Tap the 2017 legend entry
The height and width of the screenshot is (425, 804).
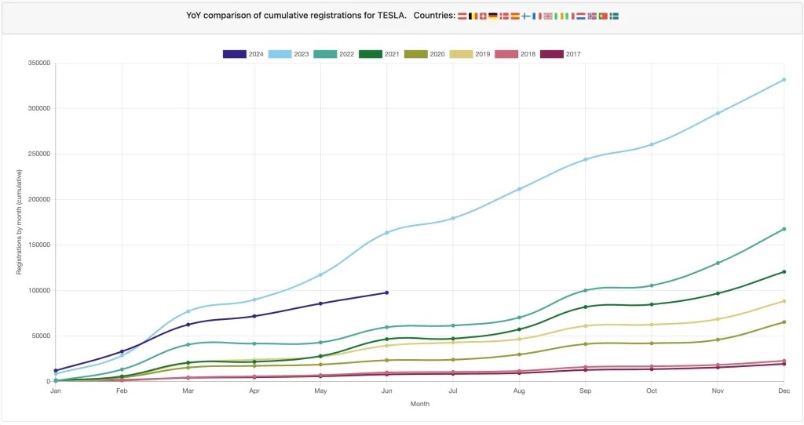[561, 54]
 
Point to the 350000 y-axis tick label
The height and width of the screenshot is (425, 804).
[38, 64]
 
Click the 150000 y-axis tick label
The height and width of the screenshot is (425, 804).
[38, 245]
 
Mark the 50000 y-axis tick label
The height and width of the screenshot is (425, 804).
[40, 336]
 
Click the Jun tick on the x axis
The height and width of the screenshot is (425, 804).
[386, 390]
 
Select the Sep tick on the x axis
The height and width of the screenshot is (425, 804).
[585, 390]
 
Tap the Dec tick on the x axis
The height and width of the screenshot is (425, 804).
[783, 390]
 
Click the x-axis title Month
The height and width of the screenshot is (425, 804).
[419, 405]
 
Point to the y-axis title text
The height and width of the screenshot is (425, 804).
[20, 222]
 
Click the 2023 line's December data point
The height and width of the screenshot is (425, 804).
[784, 80]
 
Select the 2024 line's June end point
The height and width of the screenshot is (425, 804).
[386, 292]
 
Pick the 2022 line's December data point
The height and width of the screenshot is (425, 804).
[784, 229]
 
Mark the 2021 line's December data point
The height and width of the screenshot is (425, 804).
[784, 272]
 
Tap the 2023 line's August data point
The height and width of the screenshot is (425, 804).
[519, 189]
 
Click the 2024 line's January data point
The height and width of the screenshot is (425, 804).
[56, 370]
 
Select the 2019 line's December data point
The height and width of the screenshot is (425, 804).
[784, 301]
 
